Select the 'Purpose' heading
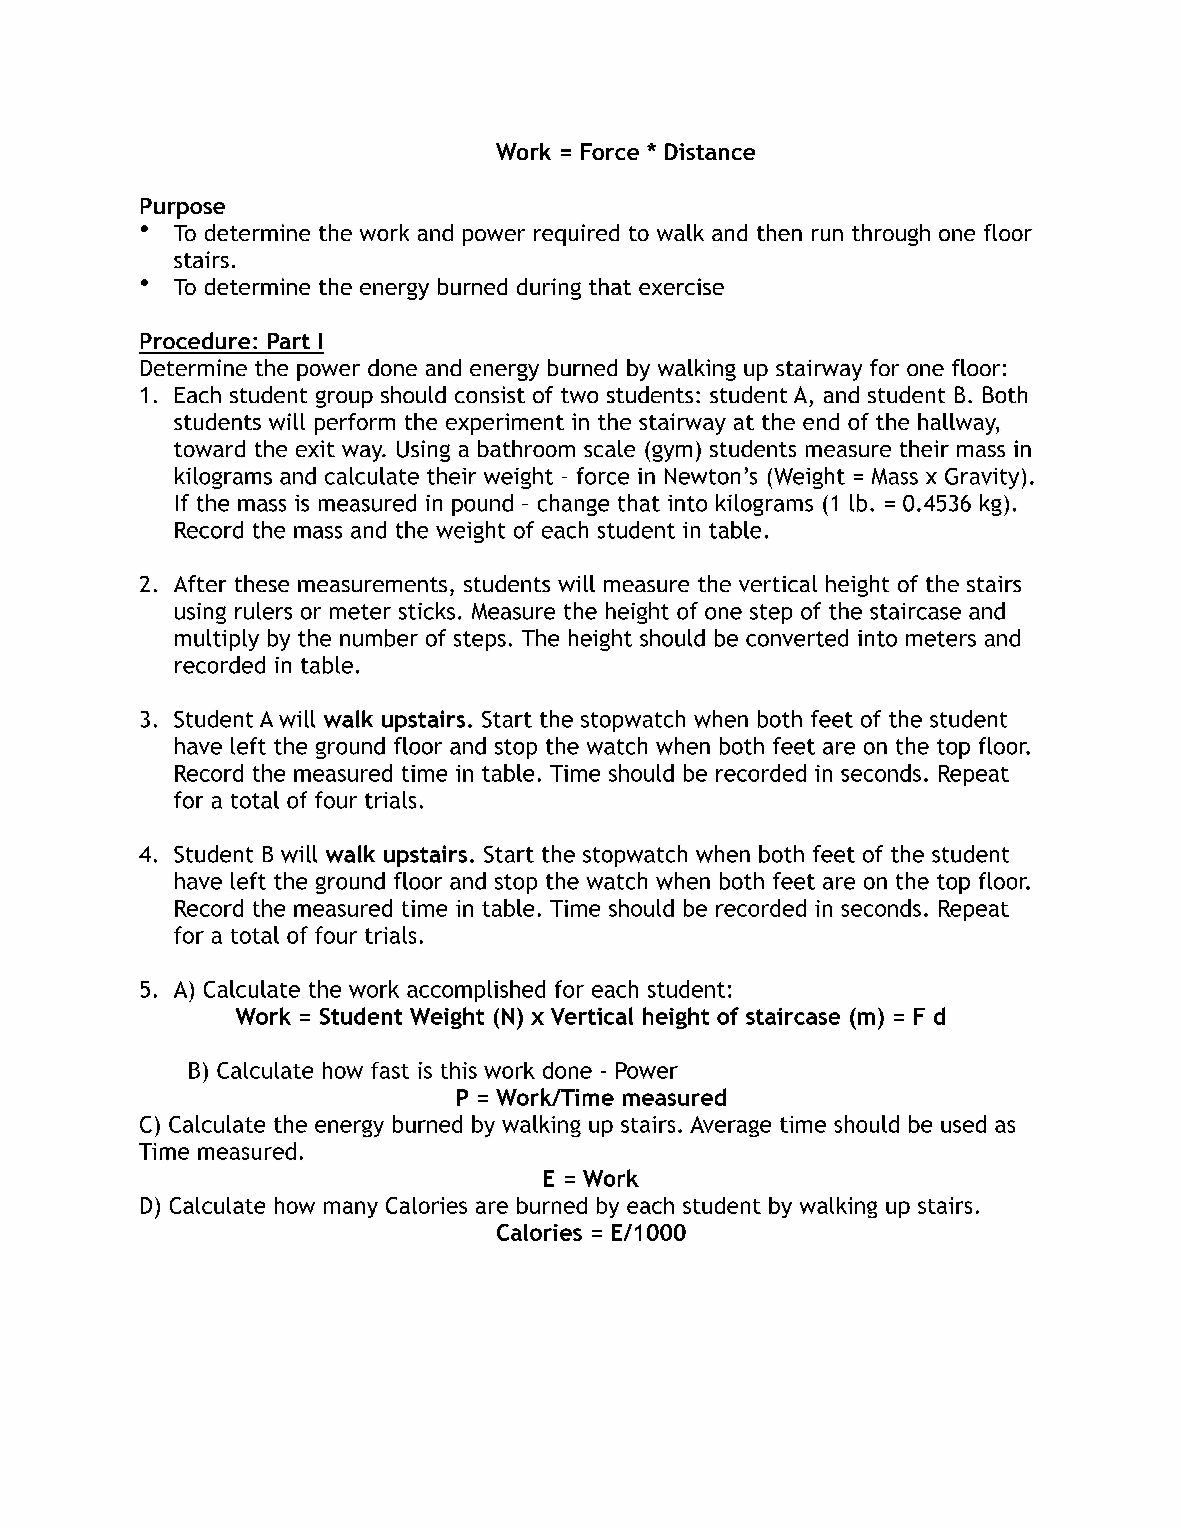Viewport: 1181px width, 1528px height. click(x=182, y=206)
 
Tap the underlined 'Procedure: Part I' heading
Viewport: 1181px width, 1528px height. click(x=231, y=341)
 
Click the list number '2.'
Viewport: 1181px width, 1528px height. click(x=149, y=585)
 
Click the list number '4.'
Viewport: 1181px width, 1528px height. click(x=149, y=855)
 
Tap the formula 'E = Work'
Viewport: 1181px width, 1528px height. click(x=590, y=1179)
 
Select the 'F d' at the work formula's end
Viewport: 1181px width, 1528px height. click(x=929, y=1016)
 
